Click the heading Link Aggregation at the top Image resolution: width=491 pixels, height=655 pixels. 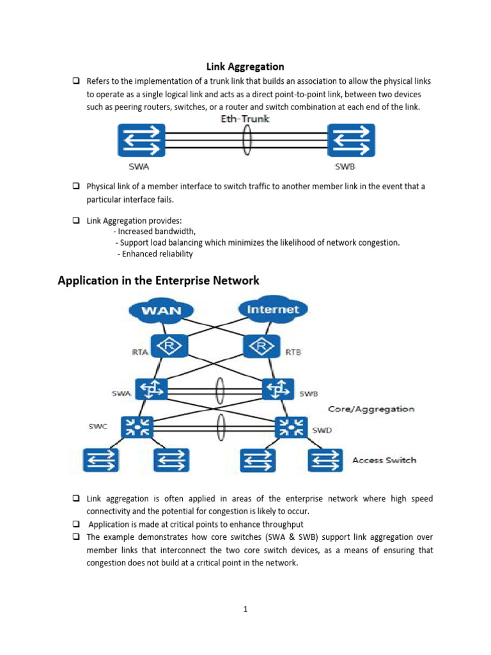coord(245,67)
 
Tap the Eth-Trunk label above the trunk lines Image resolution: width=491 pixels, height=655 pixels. coord(244,119)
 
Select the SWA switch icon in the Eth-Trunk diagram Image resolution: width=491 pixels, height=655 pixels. coord(141,141)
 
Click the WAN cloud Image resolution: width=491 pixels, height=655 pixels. coord(160,311)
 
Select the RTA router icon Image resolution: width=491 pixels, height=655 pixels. coord(169,347)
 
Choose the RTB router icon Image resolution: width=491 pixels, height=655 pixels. coord(261,347)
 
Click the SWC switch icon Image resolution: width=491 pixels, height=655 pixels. coord(137,427)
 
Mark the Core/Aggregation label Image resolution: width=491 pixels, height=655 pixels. coord(371,409)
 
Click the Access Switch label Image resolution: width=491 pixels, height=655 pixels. coord(384,460)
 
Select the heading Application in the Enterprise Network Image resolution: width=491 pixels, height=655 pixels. coord(159,280)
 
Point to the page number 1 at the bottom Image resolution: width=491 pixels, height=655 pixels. coord(245,609)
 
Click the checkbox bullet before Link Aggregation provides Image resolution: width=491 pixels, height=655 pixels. coord(75,220)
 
